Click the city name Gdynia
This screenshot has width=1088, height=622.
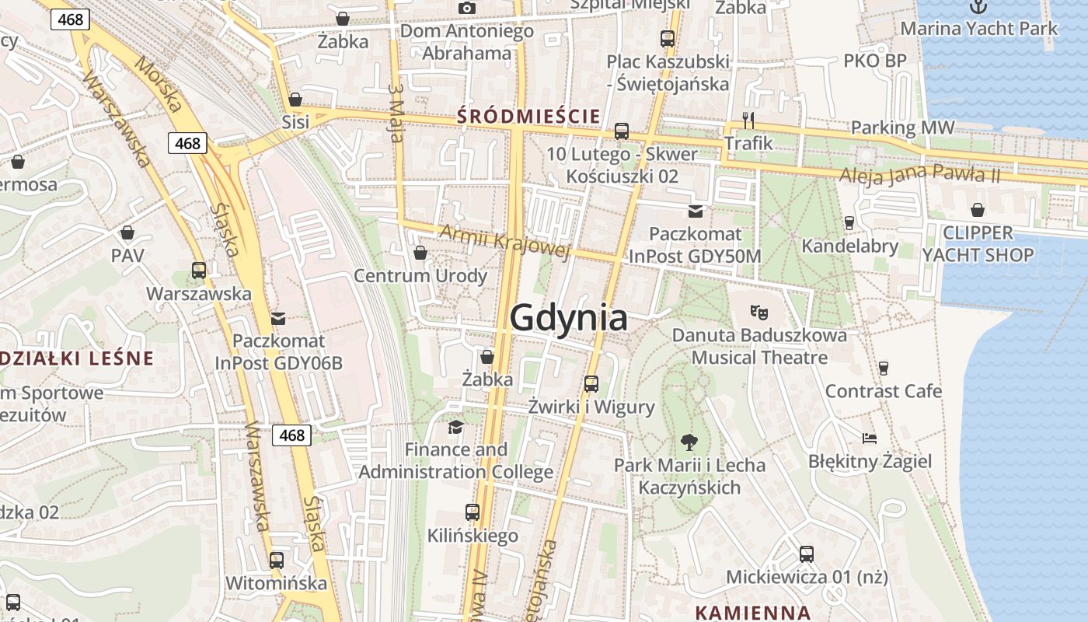(568, 319)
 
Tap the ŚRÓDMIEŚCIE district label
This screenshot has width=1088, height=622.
(528, 117)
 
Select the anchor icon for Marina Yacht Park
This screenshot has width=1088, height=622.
(978, 6)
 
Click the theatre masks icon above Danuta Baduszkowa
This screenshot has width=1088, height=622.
(758, 313)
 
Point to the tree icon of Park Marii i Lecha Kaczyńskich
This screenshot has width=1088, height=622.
(689, 443)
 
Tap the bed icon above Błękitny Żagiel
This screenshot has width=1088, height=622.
(870, 439)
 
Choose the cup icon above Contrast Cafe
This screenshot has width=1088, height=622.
(883, 368)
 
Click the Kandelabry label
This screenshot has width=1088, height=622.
(849, 246)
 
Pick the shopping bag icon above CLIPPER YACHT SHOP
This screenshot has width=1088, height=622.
(977, 210)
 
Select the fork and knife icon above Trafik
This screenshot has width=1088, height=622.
(748, 121)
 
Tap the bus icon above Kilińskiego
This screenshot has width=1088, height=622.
(472, 512)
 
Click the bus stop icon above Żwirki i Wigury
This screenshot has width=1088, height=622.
(591, 383)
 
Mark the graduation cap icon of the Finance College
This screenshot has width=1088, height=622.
(455, 427)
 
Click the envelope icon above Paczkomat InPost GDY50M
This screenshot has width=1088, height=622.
(695, 211)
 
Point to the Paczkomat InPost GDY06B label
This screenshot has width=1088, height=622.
(278, 352)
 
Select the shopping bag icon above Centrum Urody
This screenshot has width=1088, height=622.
(420, 253)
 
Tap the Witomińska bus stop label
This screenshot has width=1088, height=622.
(276, 582)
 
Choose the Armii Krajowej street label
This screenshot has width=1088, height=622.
(505, 241)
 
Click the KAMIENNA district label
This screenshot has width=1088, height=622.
(752, 612)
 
